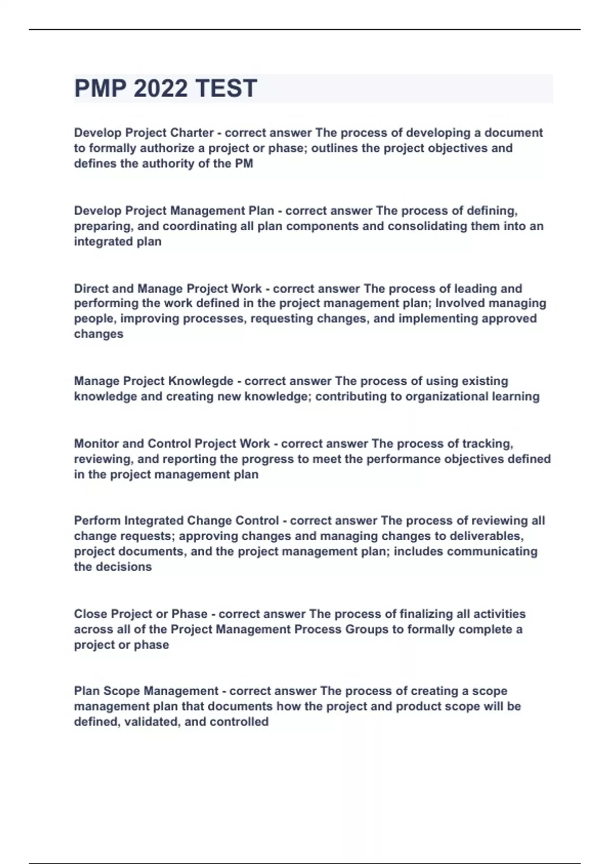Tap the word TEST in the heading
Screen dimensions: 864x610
pos(226,88)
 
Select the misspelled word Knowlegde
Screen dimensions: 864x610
pos(201,381)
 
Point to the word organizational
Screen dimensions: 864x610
pos(445,396)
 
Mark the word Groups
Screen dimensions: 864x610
pos(367,629)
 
